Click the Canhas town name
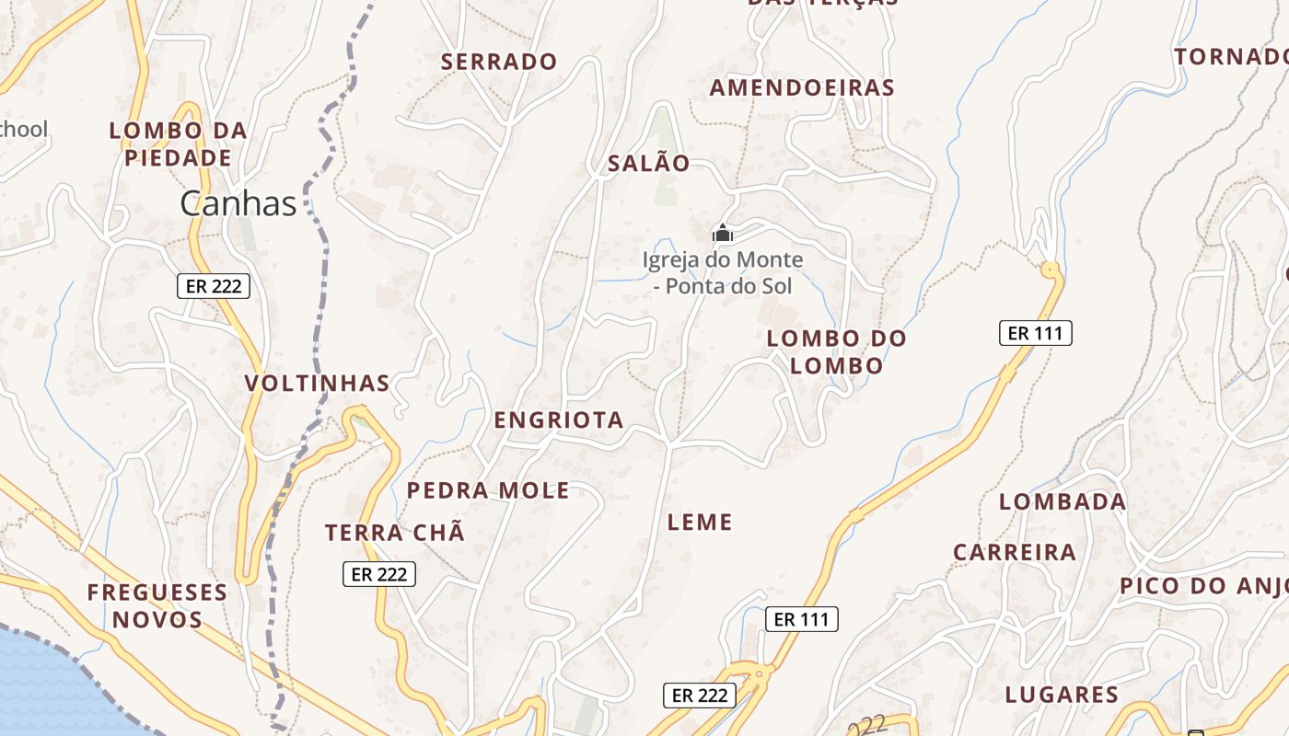(x=238, y=203)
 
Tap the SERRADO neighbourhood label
(x=499, y=62)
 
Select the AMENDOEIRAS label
(x=802, y=87)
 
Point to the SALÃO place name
(x=648, y=164)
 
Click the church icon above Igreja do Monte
(x=723, y=233)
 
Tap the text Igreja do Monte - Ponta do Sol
(x=723, y=273)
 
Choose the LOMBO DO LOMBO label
(x=837, y=351)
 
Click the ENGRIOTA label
(x=559, y=420)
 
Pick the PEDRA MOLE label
(x=488, y=490)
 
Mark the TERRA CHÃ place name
(x=395, y=532)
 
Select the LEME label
(x=700, y=523)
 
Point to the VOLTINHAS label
(x=318, y=383)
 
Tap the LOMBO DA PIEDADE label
(x=179, y=144)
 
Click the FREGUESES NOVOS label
(x=157, y=605)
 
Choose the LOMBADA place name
(x=1063, y=501)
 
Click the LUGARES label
(x=1062, y=695)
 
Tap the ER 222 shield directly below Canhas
(x=214, y=286)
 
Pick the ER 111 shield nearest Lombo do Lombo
(x=1036, y=333)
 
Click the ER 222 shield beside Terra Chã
(x=379, y=574)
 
